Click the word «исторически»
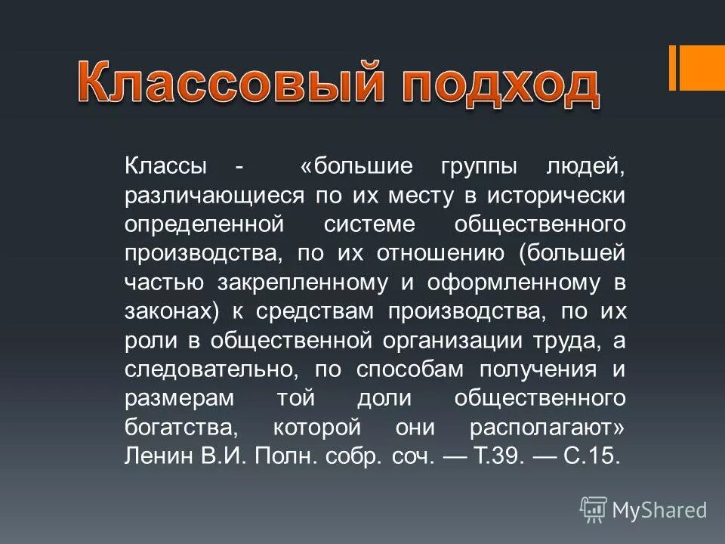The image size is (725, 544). tap(556, 195)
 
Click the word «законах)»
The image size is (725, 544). tap(177, 311)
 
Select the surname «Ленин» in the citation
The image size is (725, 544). tap(155, 455)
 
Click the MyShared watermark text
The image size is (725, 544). tap(659, 510)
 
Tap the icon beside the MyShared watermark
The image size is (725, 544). tap(594, 510)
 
